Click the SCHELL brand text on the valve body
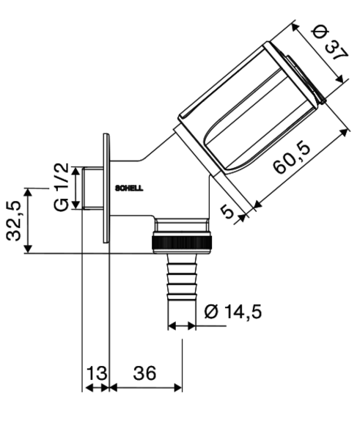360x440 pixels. click(x=129, y=188)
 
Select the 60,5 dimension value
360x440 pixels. click(x=292, y=159)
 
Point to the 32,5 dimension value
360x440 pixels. click(x=14, y=220)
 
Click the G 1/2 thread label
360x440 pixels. click(x=61, y=187)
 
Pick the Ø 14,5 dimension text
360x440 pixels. click(x=233, y=312)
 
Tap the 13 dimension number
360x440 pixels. click(x=97, y=373)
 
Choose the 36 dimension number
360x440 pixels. click(x=144, y=373)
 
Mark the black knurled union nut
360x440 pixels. click(x=182, y=243)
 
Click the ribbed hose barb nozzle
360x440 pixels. click(x=182, y=277)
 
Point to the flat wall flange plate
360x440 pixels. click(x=106, y=188)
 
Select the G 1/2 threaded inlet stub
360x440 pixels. click(x=93, y=188)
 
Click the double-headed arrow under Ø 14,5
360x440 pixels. click(x=182, y=326)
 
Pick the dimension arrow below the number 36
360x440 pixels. click(x=146, y=388)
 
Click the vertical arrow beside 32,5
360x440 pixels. click(x=28, y=221)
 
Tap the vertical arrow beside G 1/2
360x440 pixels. click(x=76, y=188)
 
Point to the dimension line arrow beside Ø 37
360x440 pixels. click(x=317, y=53)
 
